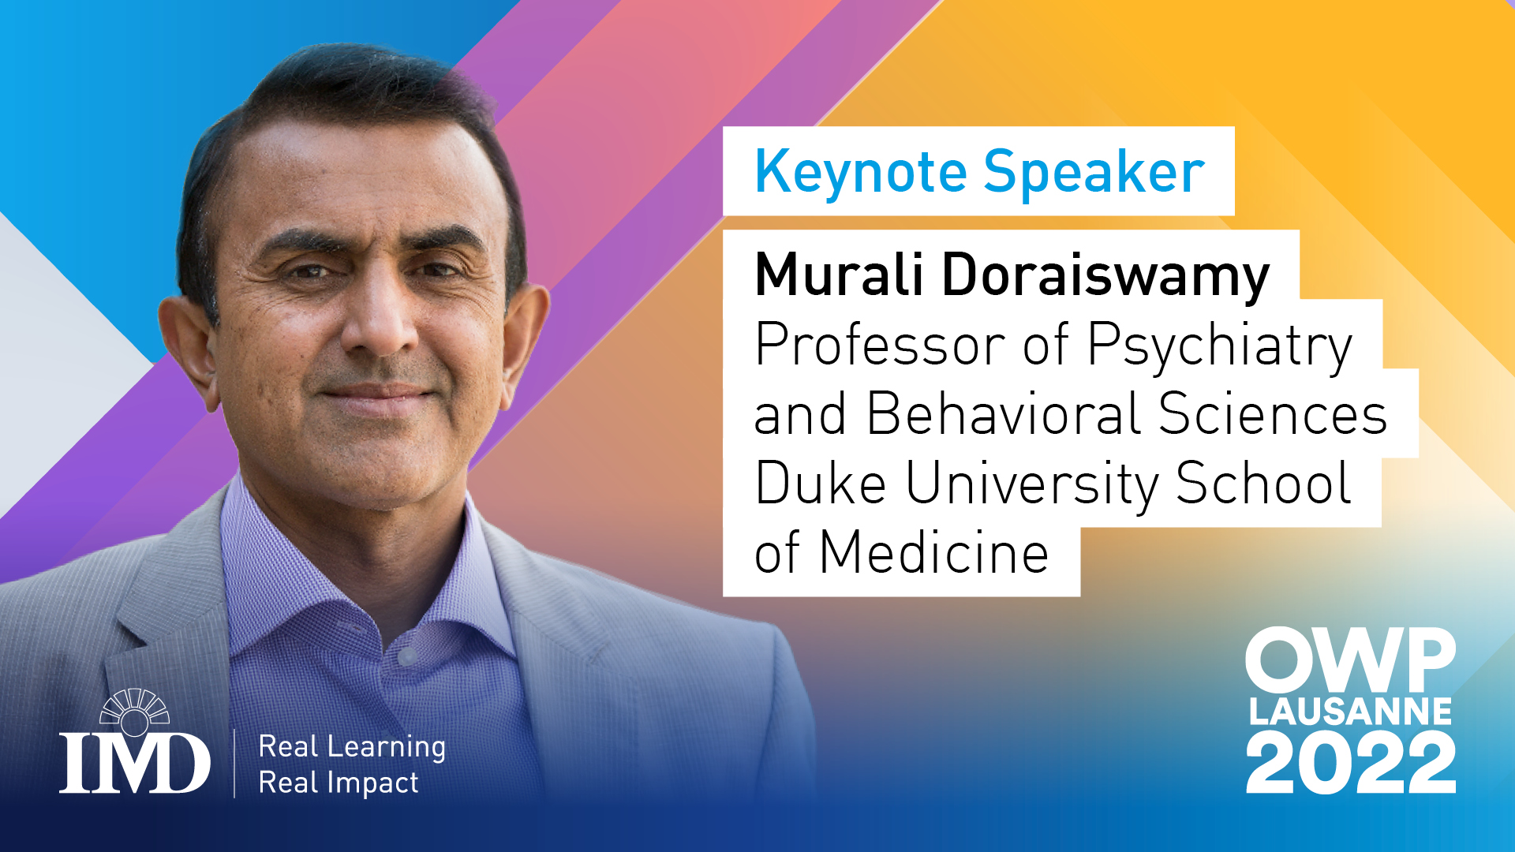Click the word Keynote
click(x=861, y=172)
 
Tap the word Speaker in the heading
click(x=1094, y=172)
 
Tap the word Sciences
click(x=1272, y=413)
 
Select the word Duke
click(x=821, y=483)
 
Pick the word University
click(x=1032, y=484)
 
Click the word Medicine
click(x=933, y=552)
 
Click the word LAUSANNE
click(x=1350, y=712)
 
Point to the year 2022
click(x=1350, y=762)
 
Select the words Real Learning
click(x=352, y=747)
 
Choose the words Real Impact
click(x=339, y=783)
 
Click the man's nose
click(x=381, y=323)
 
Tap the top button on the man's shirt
click(x=407, y=656)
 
